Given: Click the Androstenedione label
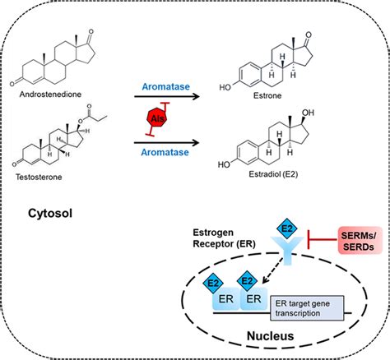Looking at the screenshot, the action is [50, 95].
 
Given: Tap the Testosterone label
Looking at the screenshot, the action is [39, 177].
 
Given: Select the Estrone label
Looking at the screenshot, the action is [267, 95].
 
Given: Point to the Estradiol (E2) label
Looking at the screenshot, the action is [273, 174].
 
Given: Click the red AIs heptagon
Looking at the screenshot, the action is [157, 118].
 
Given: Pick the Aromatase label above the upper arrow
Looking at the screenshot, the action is [166, 86].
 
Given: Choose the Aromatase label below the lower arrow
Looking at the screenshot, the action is [165, 152].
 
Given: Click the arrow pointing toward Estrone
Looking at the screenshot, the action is [167, 96].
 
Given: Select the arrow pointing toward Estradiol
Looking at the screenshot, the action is [166, 143].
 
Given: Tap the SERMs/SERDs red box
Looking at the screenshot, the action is [360, 241].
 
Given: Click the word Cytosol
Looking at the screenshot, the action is [50, 213].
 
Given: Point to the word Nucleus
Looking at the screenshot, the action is [270, 336].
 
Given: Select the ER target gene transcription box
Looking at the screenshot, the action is [307, 308].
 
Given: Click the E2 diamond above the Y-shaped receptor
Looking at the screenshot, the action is [287, 228].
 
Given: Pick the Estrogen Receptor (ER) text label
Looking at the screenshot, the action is [224, 238].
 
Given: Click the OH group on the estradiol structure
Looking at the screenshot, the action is [308, 113].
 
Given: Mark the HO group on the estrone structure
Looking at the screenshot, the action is [225, 87].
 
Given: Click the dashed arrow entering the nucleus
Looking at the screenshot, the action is [272, 270].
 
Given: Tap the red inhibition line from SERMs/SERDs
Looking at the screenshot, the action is [323, 239].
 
